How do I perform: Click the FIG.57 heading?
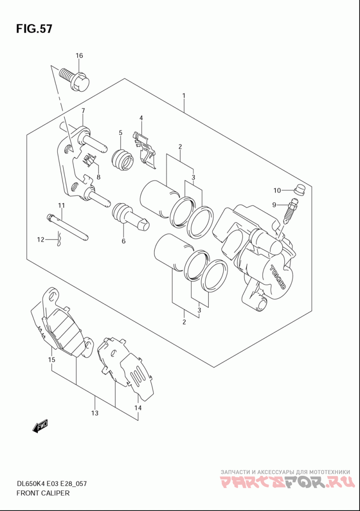click(34, 29)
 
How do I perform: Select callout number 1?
click(184, 96)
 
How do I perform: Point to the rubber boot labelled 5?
click(122, 159)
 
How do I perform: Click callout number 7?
click(83, 110)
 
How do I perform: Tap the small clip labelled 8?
click(89, 160)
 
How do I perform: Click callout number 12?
click(40, 240)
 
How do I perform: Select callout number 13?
click(95, 413)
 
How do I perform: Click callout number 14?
click(138, 408)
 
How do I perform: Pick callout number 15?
click(51, 360)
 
